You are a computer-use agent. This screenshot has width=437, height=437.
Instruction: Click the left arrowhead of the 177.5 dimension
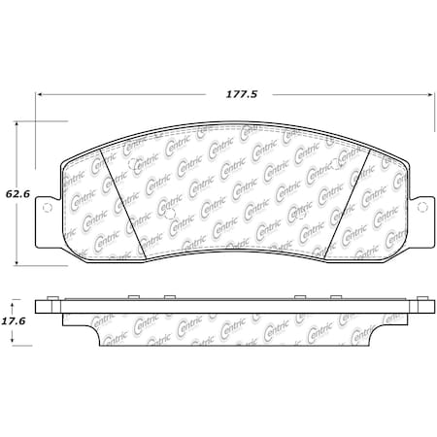pyautogui.click(x=40, y=95)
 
